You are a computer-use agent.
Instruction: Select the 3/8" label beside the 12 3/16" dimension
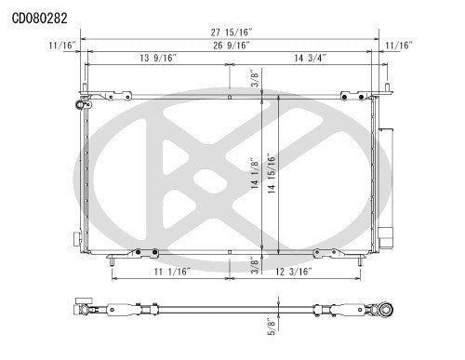point(253,265)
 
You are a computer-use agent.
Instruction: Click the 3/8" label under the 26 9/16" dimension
point(253,79)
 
